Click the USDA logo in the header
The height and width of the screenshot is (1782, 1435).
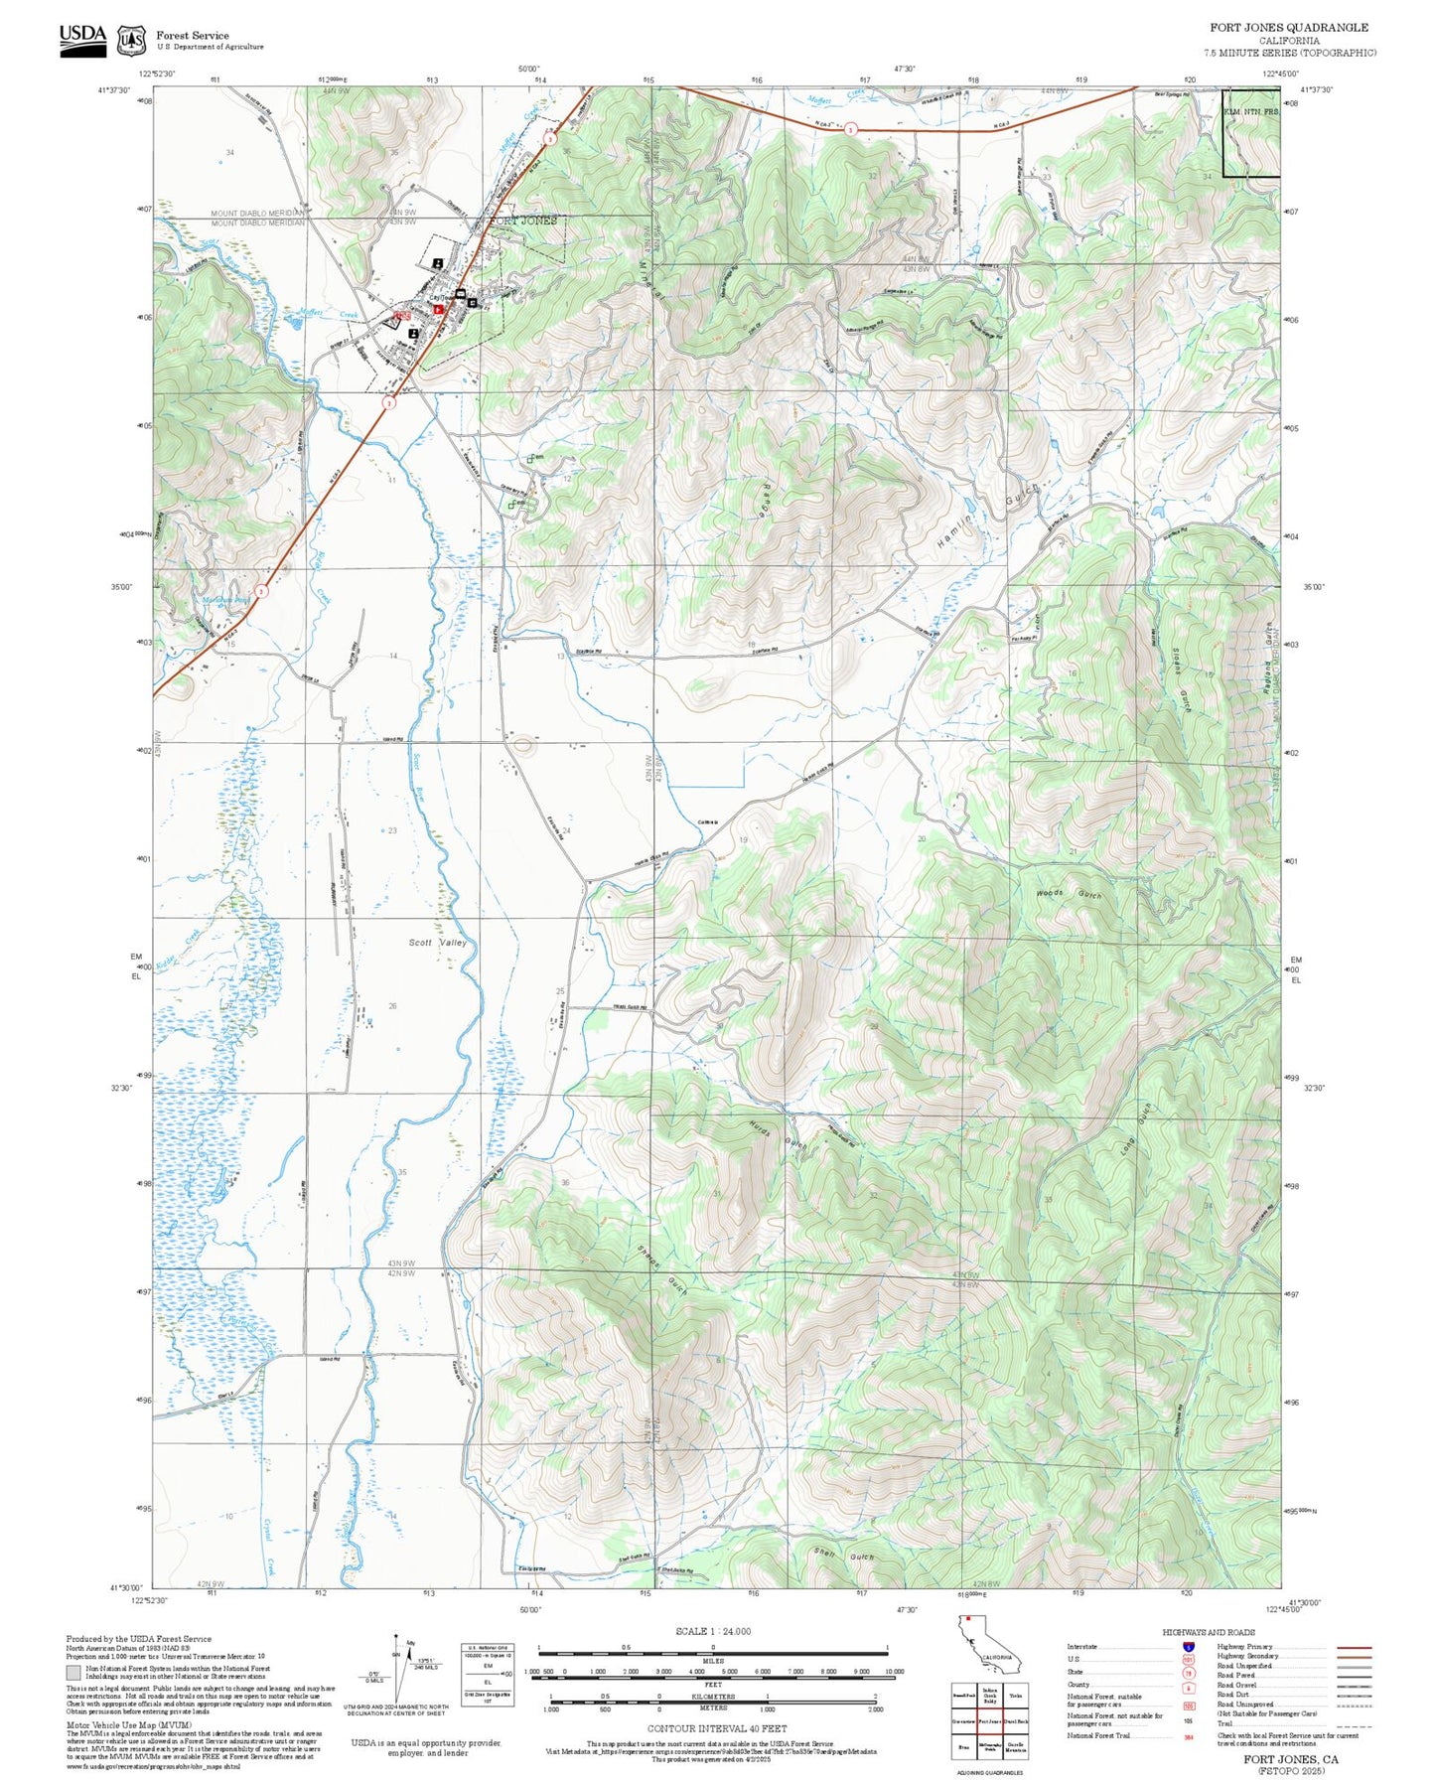82,40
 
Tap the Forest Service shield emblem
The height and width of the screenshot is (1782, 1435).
131,41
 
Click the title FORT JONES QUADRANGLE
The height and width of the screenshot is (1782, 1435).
1288,27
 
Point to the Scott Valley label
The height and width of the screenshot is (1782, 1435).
437,942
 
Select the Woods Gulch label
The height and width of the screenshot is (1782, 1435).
1069,894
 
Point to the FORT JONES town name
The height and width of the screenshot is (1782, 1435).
523,221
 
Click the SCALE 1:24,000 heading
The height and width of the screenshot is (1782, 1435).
712,1631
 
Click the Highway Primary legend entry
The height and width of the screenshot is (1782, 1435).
1247,1646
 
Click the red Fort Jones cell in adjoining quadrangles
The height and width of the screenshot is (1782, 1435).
989,1720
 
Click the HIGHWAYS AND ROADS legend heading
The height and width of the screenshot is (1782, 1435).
1208,1632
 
